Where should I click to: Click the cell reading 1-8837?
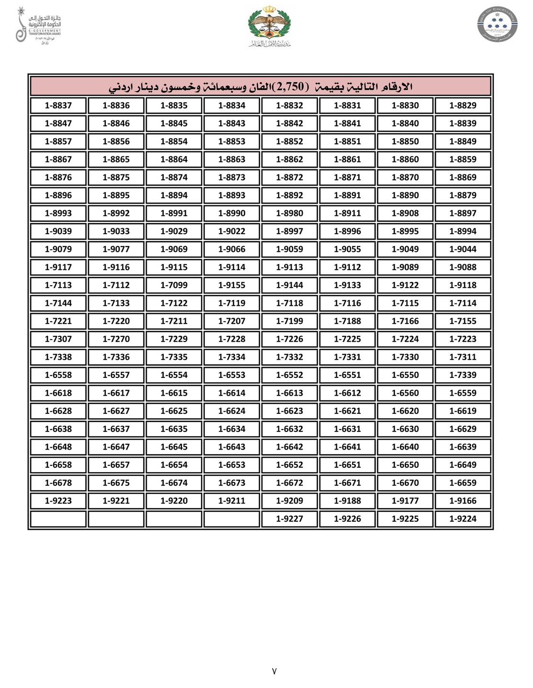click(58, 106)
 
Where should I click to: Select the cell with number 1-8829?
click(463, 106)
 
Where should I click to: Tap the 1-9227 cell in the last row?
click(289, 519)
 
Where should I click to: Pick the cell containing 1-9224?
click(463, 519)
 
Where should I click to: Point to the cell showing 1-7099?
click(174, 285)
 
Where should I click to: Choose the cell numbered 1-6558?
click(58, 375)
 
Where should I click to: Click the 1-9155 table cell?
click(232, 285)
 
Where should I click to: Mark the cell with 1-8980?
click(289, 213)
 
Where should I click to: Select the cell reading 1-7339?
click(463, 375)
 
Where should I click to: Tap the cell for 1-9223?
click(58, 501)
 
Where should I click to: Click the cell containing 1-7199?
click(289, 321)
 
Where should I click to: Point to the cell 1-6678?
click(58, 483)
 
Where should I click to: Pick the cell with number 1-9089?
click(405, 267)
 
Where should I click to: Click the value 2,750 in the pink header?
click(290, 86)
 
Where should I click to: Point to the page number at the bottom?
click(274, 671)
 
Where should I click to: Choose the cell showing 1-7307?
click(58, 339)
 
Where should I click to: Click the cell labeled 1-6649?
click(463, 465)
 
